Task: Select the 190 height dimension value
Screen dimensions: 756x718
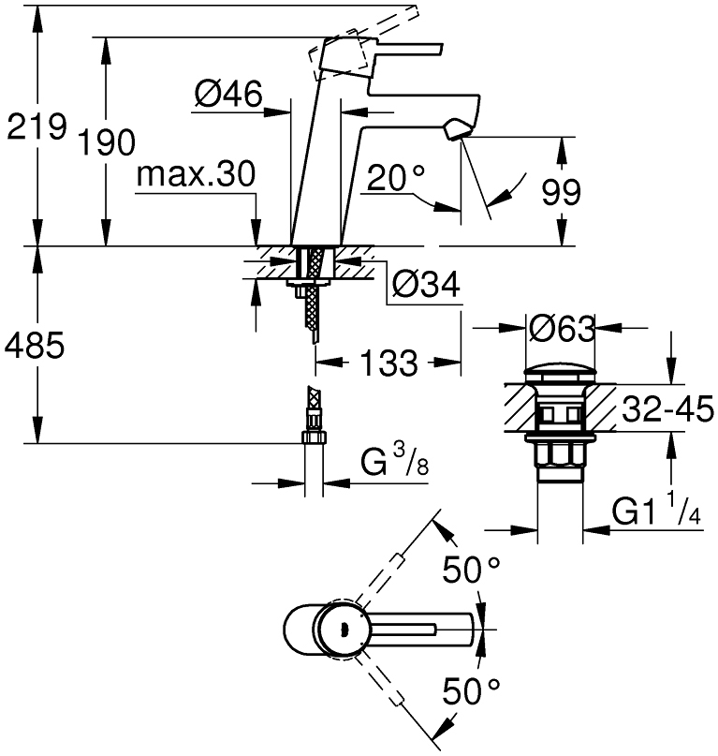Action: point(105,142)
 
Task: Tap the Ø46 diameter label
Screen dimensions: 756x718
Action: point(227,94)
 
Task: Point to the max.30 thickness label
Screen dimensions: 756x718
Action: point(194,174)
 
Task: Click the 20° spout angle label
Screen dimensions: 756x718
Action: point(395,176)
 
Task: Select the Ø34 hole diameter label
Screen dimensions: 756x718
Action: point(426,285)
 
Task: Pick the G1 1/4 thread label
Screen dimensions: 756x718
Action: point(655,513)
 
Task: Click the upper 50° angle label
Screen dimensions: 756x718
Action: point(472,570)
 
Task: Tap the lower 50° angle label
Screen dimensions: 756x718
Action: point(472,693)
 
